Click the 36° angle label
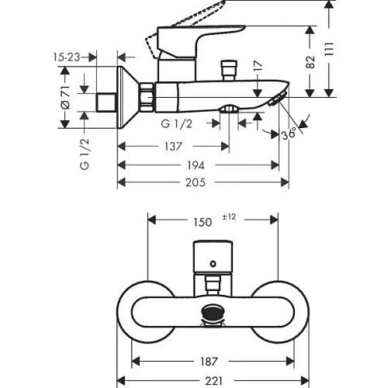tap(289, 133)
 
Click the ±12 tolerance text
tap(227, 217)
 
